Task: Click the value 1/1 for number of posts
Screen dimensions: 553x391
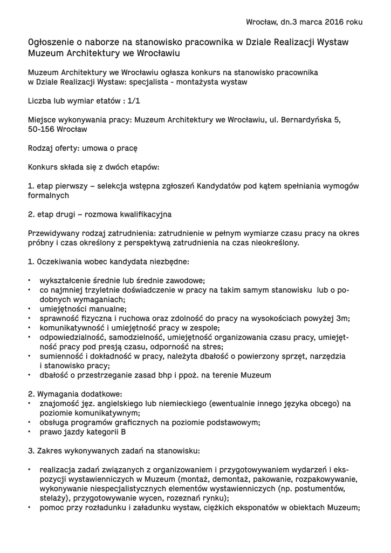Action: click(135, 100)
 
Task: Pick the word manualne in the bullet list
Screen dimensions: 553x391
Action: click(107, 309)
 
